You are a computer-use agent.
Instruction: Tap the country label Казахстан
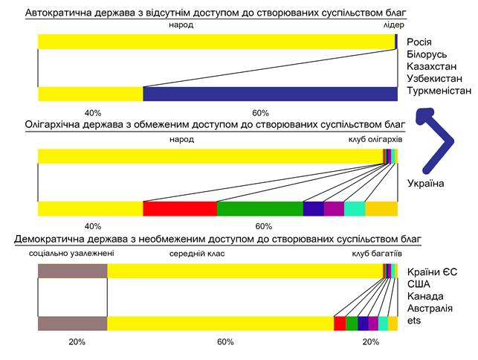[434, 66]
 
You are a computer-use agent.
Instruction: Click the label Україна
[426, 183]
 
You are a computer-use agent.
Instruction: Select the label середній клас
[197, 254]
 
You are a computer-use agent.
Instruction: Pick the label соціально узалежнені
[71, 254]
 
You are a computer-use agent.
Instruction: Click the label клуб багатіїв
[377, 254]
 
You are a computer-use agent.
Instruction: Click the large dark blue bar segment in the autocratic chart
[269, 94]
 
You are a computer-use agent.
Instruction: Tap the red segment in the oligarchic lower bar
[179, 209]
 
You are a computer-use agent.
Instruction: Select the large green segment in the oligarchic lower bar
[259, 209]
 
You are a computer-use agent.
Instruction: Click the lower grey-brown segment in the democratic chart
[72, 324]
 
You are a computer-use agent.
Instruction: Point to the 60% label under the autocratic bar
[261, 113]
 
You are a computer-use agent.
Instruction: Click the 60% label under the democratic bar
[225, 342]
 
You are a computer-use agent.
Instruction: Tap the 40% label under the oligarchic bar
[93, 226]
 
